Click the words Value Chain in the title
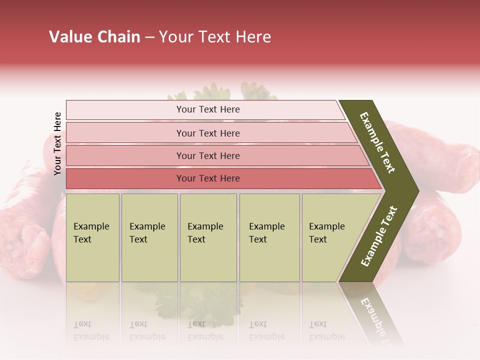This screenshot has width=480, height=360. [94, 37]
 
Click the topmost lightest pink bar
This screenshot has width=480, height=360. [208, 109]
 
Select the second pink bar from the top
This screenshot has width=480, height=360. [208, 133]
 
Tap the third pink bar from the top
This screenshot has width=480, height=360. [208, 155]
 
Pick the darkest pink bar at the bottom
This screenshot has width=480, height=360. [208, 178]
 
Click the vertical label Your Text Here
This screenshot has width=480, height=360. [57, 143]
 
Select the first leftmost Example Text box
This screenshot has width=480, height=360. [92, 237]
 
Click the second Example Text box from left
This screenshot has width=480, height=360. [149, 237]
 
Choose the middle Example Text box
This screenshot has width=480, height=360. [208, 237]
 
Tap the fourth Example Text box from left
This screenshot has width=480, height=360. [269, 237]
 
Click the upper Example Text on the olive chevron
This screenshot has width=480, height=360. [378, 142]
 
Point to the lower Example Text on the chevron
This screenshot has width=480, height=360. [379, 236]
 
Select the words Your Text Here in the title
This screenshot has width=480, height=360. [215, 37]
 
